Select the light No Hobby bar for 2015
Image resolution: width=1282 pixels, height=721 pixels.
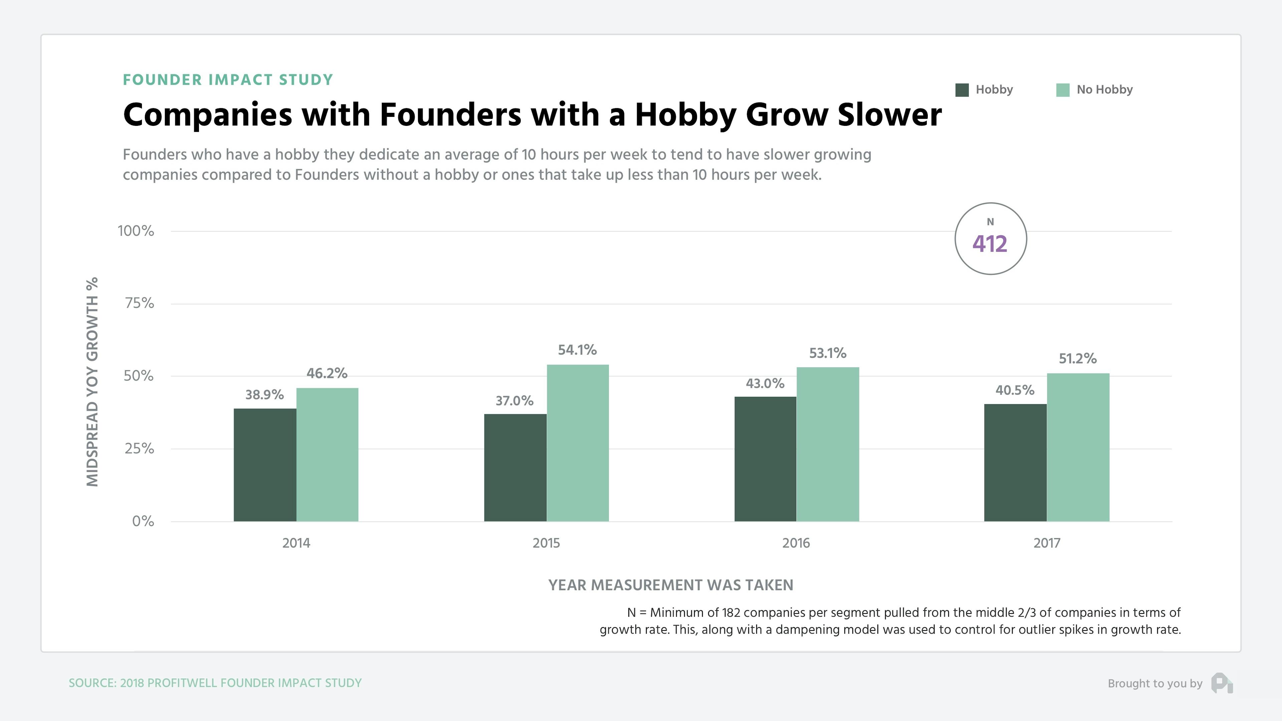pyautogui.click(x=577, y=443)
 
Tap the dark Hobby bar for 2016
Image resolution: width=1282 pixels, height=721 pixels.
pyautogui.click(x=765, y=459)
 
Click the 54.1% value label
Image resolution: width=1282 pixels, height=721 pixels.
pyautogui.click(x=577, y=350)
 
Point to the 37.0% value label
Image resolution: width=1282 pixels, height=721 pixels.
pyautogui.click(x=514, y=401)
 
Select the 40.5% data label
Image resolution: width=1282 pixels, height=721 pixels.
pyautogui.click(x=1014, y=390)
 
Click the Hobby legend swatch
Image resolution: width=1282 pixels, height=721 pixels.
pyautogui.click(x=961, y=90)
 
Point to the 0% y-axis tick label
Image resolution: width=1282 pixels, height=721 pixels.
pyautogui.click(x=143, y=521)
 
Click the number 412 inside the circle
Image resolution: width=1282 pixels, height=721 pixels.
pyautogui.click(x=989, y=244)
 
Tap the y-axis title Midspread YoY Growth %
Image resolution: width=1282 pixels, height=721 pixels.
pyautogui.click(x=92, y=382)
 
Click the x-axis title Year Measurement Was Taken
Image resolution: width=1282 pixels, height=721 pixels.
pyautogui.click(x=670, y=585)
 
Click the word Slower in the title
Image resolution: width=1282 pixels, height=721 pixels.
pyautogui.click(x=889, y=114)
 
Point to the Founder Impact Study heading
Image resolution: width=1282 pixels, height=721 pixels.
pyautogui.click(x=227, y=80)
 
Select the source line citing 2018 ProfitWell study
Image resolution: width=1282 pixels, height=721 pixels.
pyautogui.click(x=215, y=683)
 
